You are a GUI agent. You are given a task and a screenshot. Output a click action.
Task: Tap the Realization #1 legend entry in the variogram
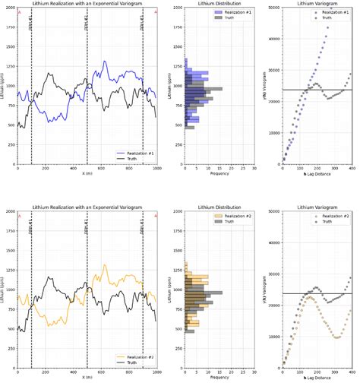335,14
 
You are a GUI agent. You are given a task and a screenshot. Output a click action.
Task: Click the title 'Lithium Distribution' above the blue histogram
219,4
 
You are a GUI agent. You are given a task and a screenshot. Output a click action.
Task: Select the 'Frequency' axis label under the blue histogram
219,174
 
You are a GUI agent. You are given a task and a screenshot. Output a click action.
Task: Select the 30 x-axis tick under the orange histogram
254,372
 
